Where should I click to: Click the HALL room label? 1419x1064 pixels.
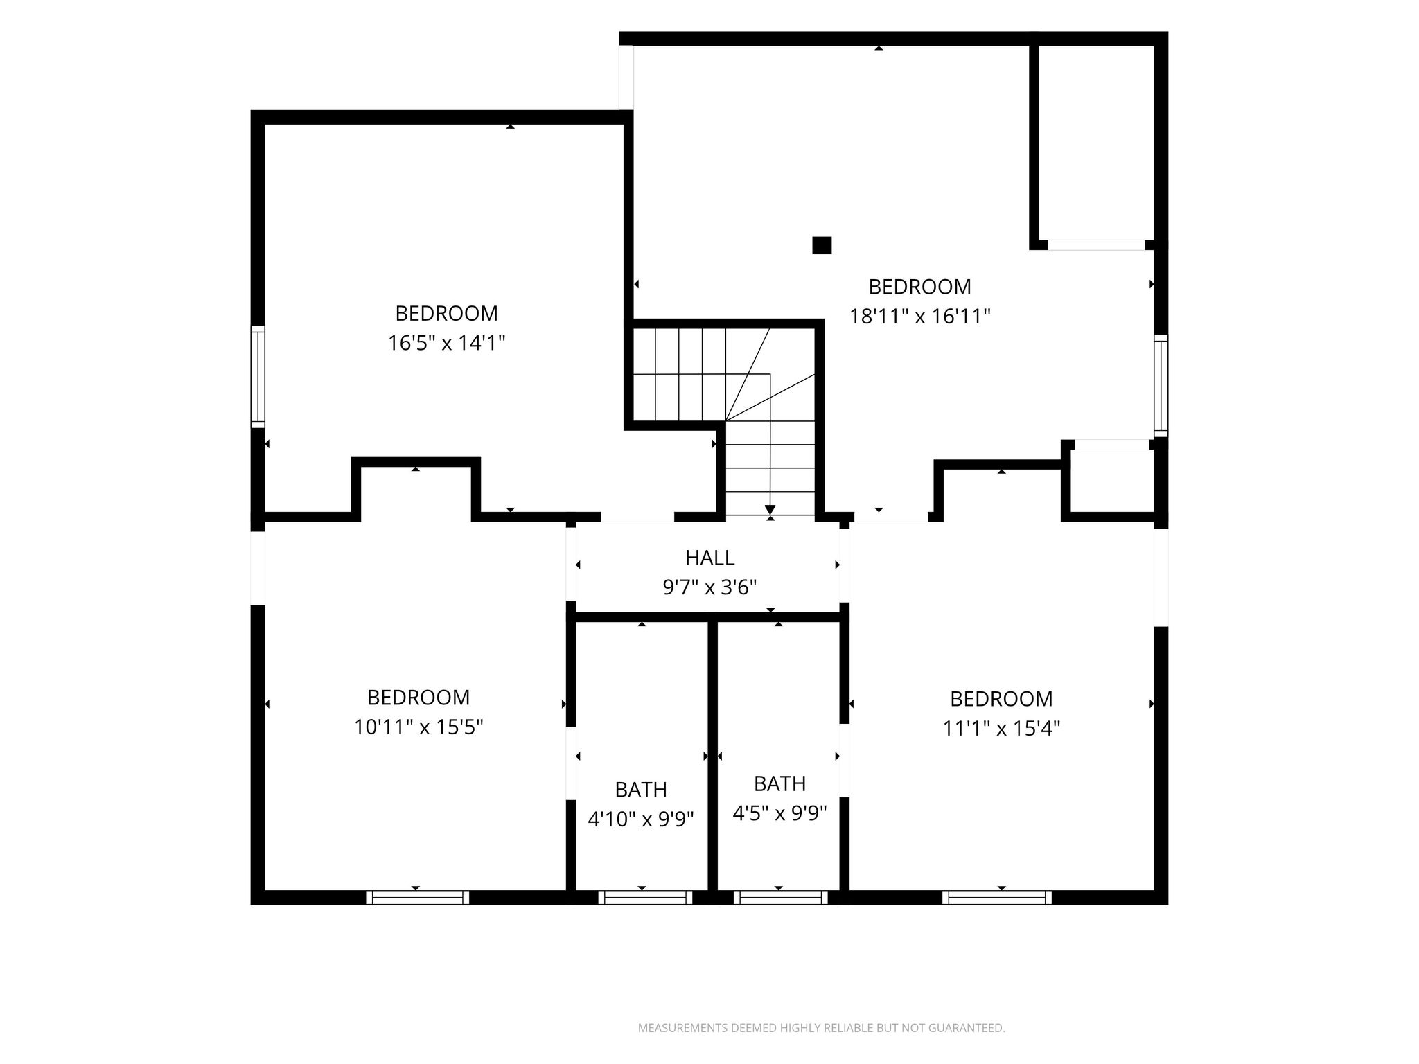(709, 558)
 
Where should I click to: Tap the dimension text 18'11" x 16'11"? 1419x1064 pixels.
(920, 317)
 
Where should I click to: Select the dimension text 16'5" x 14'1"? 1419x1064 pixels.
(447, 343)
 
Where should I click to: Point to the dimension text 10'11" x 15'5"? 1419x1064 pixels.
(418, 727)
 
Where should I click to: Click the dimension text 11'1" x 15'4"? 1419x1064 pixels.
(1001, 729)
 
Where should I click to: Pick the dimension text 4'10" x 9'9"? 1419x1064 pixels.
(641, 819)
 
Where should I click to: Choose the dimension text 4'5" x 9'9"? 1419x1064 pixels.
(780, 813)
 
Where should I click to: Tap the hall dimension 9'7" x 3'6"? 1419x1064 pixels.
(709, 588)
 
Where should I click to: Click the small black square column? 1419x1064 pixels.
(822, 245)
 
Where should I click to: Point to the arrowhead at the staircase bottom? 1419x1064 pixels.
(770, 511)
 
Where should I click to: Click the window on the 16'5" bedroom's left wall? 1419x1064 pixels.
(258, 376)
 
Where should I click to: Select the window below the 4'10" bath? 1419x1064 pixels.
(645, 897)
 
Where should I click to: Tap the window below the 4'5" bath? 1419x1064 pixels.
(781, 897)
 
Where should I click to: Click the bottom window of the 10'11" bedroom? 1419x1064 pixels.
(418, 897)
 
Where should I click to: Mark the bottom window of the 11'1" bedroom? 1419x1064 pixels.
(997, 897)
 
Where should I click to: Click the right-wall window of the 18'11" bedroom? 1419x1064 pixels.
(1161, 386)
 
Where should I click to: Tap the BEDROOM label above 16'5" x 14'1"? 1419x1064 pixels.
(447, 314)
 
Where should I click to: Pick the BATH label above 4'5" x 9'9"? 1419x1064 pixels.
(780, 783)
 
